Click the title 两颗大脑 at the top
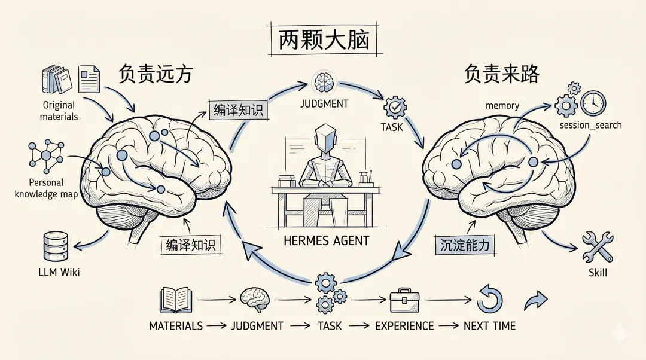(x=324, y=41)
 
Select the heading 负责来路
(x=501, y=74)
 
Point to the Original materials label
(x=59, y=111)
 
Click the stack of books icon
(x=56, y=80)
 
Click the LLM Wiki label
(x=58, y=273)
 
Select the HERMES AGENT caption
(x=327, y=241)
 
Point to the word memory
(x=502, y=106)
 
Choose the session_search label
(x=590, y=125)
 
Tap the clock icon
(x=593, y=103)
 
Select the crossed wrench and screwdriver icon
(x=597, y=246)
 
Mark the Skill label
(x=598, y=273)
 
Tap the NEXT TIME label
(x=489, y=326)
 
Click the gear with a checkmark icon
(x=395, y=107)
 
